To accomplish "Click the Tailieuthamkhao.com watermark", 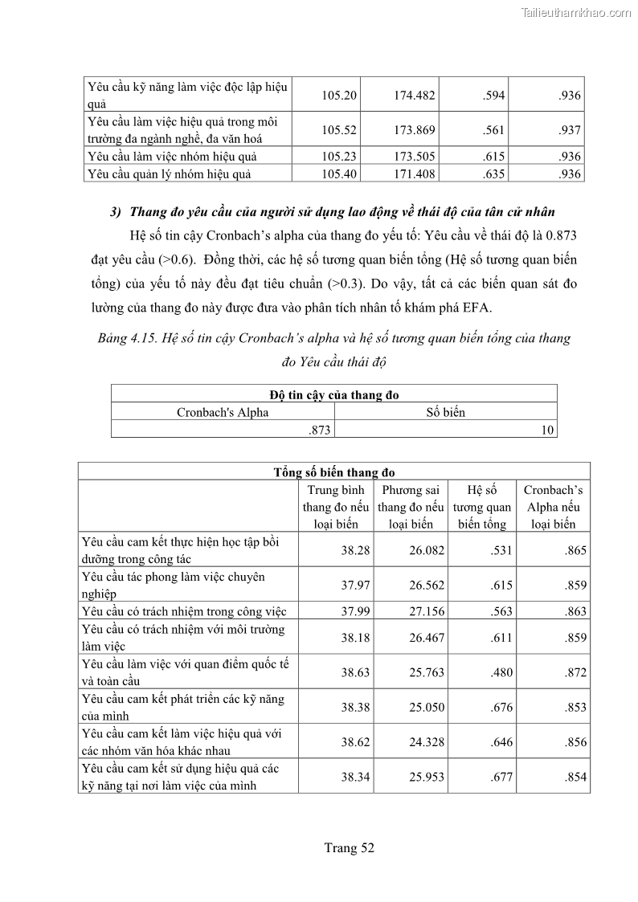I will tap(576, 12).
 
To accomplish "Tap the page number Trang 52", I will tap(350, 847).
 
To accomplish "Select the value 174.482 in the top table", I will tap(415, 96).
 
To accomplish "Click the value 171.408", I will tap(415, 173).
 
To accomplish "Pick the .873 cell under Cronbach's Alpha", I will tap(320, 430).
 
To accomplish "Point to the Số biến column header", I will tap(445, 412).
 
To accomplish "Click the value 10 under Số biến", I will tap(547, 430).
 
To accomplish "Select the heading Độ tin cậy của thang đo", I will tap(334, 394).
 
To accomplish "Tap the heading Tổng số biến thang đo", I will tap(333, 472).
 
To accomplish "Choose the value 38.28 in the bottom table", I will tap(355, 550).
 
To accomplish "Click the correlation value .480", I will tap(501, 672).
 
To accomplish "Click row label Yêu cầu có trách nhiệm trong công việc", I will tap(184, 611).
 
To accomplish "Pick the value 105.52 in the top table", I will tap(339, 130).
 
